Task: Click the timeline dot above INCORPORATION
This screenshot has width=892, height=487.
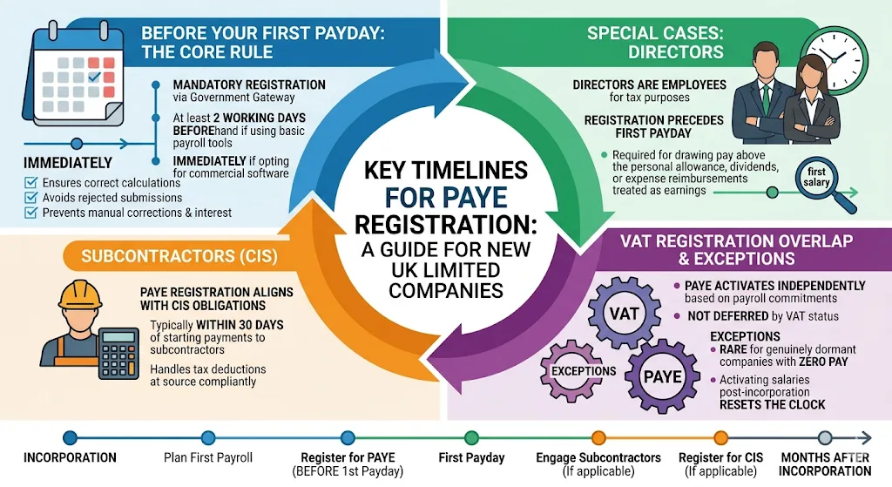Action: (x=70, y=438)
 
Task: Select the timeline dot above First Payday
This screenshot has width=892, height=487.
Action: (x=471, y=438)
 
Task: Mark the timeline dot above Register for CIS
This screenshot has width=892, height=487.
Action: (x=720, y=438)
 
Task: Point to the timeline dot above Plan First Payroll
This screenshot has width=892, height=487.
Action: (x=207, y=438)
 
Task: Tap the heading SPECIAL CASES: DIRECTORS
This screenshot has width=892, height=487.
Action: (x=654, y=42)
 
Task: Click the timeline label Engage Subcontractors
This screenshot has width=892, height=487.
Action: (x=598, y=457)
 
